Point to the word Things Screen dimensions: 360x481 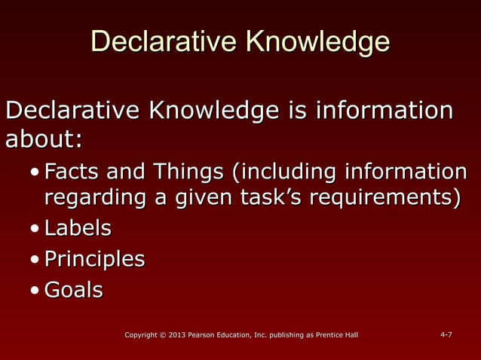(188, 172)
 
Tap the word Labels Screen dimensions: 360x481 (78, 227)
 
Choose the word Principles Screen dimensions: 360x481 (94, 259)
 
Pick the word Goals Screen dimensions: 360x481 (73, 290)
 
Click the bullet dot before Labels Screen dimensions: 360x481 (35, 229)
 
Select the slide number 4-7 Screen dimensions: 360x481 (446, 334)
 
